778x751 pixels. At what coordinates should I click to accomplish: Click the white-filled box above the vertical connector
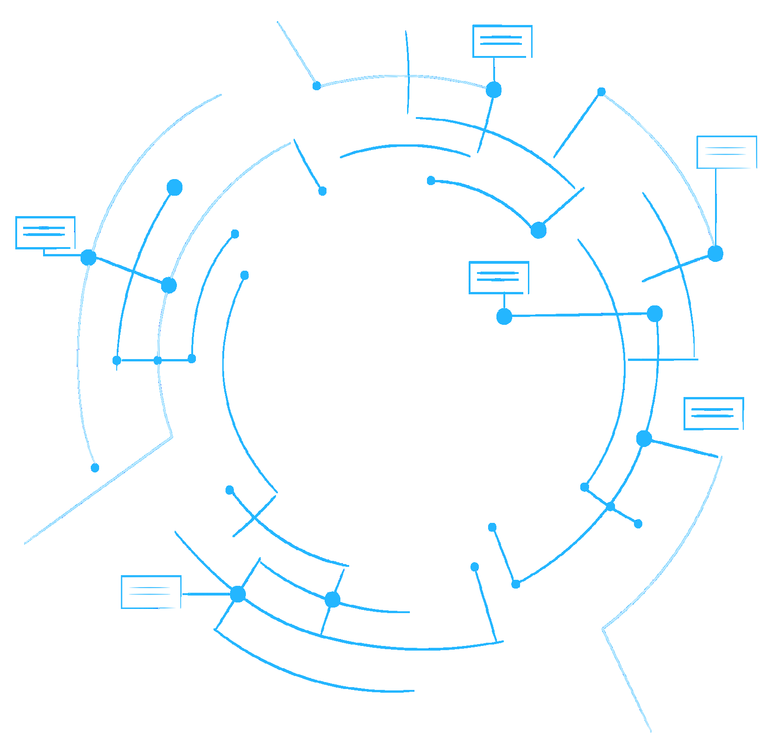click(x=727, y=152)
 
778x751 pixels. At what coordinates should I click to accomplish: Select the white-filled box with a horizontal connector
click(x=151, y=592)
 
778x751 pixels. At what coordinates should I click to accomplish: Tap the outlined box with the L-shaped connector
click(x=45, y=232)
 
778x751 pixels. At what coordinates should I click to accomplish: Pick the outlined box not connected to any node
click(x=714, y=413)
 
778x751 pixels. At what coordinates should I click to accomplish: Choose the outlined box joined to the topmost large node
click(x=502, y=41)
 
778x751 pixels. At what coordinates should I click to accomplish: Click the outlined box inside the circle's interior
click(x=499, y=277)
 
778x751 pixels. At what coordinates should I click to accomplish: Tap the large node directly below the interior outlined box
click(x=504, y=317)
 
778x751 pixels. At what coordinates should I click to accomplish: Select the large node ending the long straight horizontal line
click(x=654, y=314)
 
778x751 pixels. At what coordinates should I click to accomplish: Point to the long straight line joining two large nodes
click(x=579, y=315)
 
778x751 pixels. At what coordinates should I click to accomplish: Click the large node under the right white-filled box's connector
click(x=715, y=254)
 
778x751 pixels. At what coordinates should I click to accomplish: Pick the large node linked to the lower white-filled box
click(x=238, y=594)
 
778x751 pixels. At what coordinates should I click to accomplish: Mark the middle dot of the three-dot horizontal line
click(x=157, y=360)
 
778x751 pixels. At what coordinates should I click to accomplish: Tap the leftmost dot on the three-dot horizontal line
click(x=117, y=360)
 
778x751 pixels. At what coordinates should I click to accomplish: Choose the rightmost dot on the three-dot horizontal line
click(x=192, y=359)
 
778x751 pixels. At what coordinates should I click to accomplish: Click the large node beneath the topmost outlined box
click(x=494, y=89)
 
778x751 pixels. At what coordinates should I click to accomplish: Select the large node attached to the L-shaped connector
click(x=88, y=257)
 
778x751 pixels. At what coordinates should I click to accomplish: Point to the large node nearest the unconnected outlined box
click(x=644, y=438)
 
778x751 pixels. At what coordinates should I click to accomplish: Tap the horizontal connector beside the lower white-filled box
click(x=206, y=594)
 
